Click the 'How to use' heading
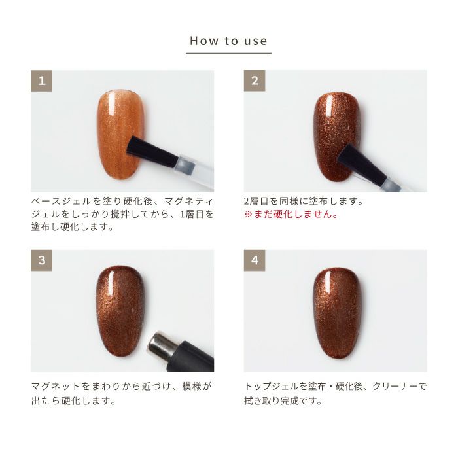click(228, 41)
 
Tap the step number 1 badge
click(41, 81)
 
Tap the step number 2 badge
click(255, 81)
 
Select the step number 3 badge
click(41, 260)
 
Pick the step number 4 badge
click(255, 260)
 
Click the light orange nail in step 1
click(119, 131)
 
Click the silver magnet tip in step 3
click(161, 345)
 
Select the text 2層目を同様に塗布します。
click(303, 201)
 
